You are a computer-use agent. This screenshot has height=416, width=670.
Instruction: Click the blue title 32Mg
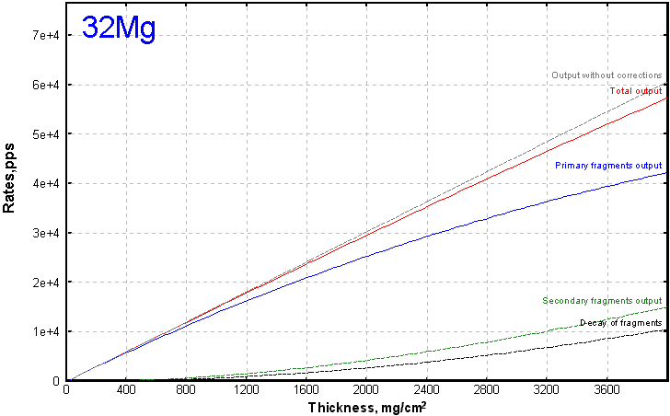pyautogui.click(x=119, y=28)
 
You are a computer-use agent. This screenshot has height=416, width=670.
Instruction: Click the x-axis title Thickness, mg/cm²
pyautogui.click(x=366, y=406)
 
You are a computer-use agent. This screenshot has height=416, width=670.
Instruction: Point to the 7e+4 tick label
pyautogui.click(x=44, y=35)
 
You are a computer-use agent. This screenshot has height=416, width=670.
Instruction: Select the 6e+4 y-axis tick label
pyautogui.click(x=44, y=85)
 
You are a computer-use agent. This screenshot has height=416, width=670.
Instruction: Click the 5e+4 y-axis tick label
pyautogui.click(x=44, y=133)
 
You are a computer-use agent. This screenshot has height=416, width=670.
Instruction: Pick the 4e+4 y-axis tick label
pyautogui.click(x=44, y=183)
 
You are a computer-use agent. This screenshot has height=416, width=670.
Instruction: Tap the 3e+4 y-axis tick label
pyautogui.click(x=44, y=233)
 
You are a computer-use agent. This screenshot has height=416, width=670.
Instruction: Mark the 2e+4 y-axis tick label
pyautogui.click(x=44, y=282)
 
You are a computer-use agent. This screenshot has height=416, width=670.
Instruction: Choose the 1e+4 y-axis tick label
pyautogui.click(x=44, y=331)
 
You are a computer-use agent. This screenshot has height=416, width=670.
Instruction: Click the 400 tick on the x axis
pyautogui.click(x=126, y=390)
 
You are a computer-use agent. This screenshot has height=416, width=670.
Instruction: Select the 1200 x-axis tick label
pyautogui.click(x=246, y=390)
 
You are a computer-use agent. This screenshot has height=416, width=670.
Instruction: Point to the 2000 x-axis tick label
pyautogui.click(x=366, y=390)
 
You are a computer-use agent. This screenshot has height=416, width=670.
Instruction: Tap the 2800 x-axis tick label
pyautogui.click(x=486, y=390)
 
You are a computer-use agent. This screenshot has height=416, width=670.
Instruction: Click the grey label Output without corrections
pyautogui.click(x=606, y=75)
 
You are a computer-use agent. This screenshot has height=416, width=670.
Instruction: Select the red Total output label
pyautogui.click(x=635, y=90)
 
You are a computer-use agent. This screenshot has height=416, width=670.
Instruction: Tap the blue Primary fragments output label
pyautogui.click(x=608, y=166)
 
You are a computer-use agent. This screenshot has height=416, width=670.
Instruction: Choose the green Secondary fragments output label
pyautogui.click(x=602, y=301)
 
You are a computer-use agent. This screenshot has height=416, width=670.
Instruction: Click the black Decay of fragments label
pyautogui.click(x=620, y=323)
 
